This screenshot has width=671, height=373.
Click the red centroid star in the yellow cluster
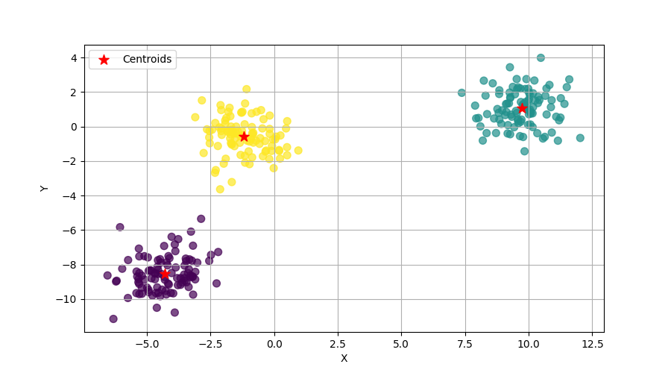pos(244,137)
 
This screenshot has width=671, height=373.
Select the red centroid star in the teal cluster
pos(522,108)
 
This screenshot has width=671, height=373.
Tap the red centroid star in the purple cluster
pos(165,274)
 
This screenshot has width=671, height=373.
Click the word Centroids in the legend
pos(147,59)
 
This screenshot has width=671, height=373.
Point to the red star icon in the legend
pos(104,60)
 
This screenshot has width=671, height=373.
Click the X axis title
pos(344,358)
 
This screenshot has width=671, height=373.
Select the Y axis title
pos(45,188)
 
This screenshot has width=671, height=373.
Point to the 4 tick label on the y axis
pos(74,57)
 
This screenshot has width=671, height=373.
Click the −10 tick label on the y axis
pos(69,299)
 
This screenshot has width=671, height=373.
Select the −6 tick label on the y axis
pos(71,231)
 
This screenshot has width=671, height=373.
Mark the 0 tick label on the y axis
pos(74,127)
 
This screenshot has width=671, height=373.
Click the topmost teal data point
pos(541,57)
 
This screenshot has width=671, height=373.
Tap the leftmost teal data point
pos(461,93)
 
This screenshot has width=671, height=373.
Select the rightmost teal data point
pos(580,138)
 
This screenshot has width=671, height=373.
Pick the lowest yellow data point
pos(220,189)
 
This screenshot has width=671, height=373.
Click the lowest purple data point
pos(113,319)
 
